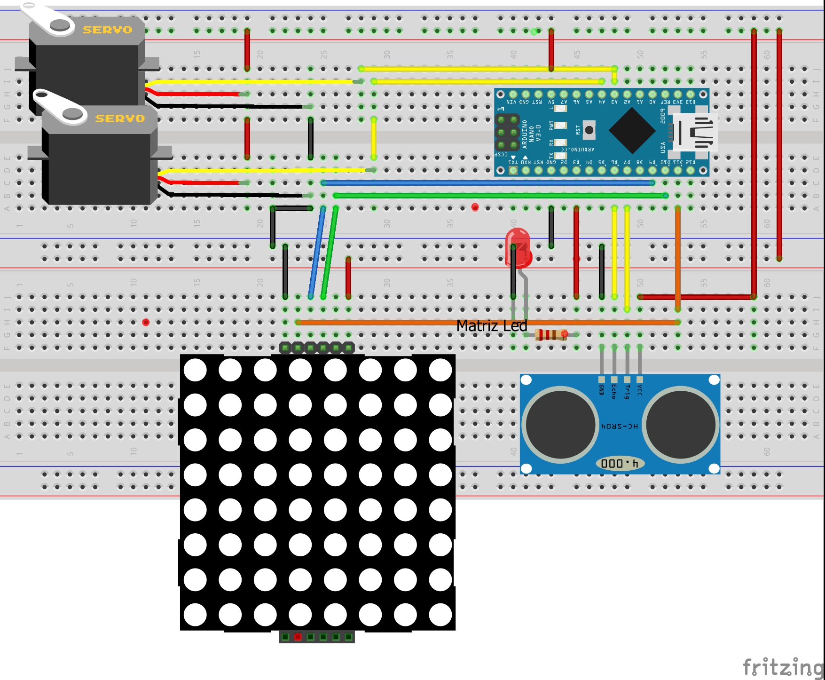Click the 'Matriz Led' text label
[x=491, y=326]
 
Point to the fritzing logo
[x=783, y=667]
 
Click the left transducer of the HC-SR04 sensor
[x=560, y=425]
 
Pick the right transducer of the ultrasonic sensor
[x=681, y=425]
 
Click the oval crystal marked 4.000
[x=620, y=464]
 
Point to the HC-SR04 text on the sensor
[x=620, y=426]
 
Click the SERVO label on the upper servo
[x=107, y=30]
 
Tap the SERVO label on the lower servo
[x=120, y=119]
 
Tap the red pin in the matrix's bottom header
[x=298, y=637]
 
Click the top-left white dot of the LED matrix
[x=195, y=370]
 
